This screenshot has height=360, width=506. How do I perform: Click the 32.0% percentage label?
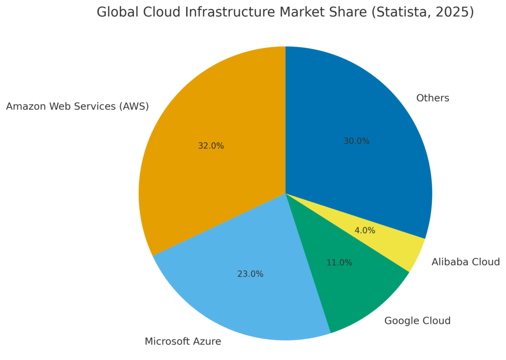[211, 146]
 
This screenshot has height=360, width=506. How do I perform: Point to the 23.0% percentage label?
[251, 274]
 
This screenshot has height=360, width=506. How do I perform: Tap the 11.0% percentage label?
[339, 263]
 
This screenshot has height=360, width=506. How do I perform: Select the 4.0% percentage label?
[365, 230]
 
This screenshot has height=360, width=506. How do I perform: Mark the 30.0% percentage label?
[357, 141]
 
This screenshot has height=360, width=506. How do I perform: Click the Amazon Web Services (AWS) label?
[78, 106]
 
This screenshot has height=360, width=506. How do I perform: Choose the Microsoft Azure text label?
[183, 341]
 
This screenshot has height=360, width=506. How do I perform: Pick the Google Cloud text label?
[418, 321]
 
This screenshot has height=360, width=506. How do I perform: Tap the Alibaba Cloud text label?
[465, 262]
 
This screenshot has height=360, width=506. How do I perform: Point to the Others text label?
[433, 98]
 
